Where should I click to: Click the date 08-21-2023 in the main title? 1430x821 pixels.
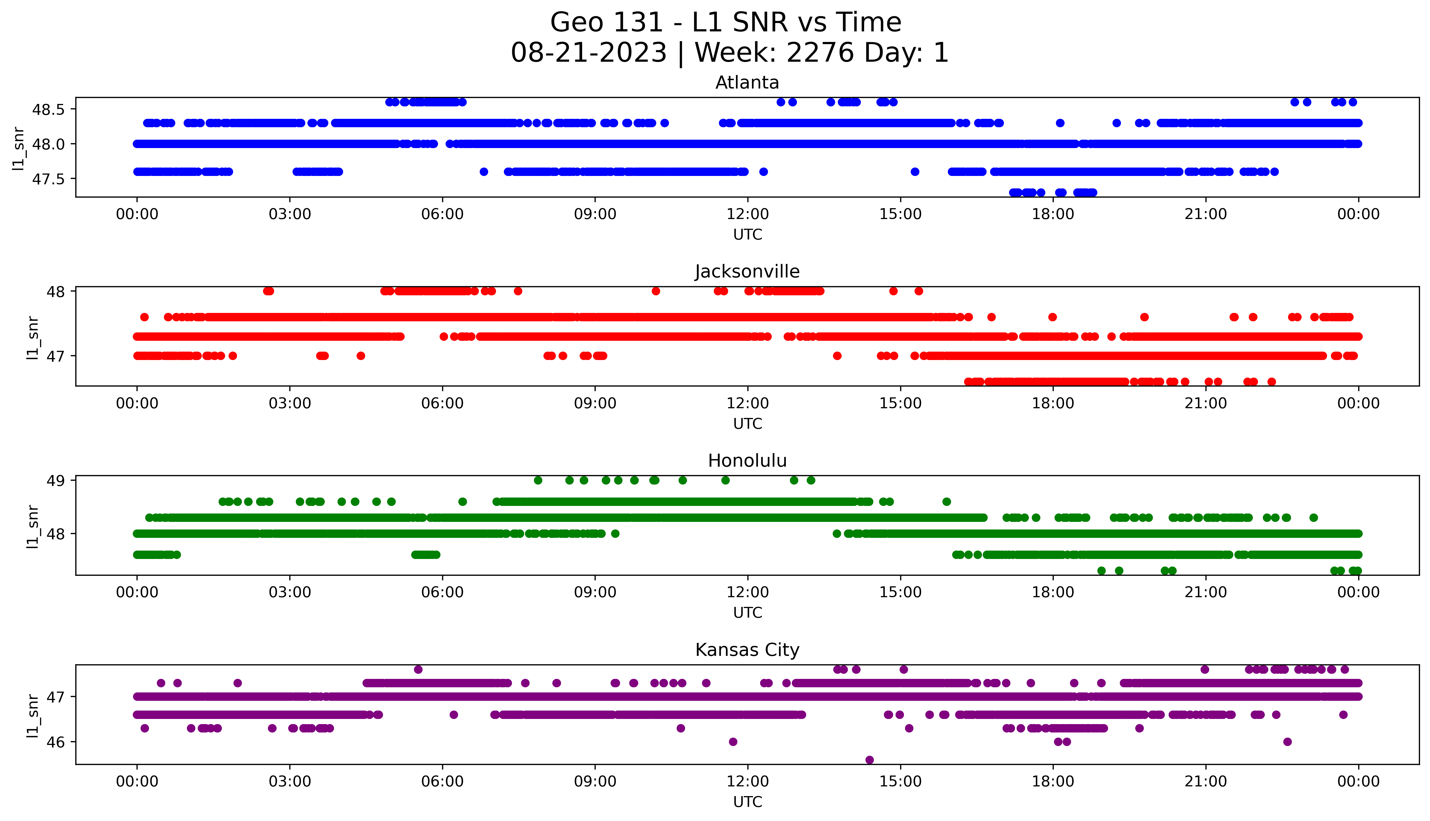click(588, 53)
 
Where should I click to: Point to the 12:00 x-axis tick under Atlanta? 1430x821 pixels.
click(747, 214)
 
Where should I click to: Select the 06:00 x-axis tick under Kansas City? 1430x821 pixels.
click(442, 781)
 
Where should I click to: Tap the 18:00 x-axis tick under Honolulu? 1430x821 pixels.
click(1053, 593)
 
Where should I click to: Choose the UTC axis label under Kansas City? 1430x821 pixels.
click(747, 802)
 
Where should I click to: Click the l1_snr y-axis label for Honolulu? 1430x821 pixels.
click(33, 526)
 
